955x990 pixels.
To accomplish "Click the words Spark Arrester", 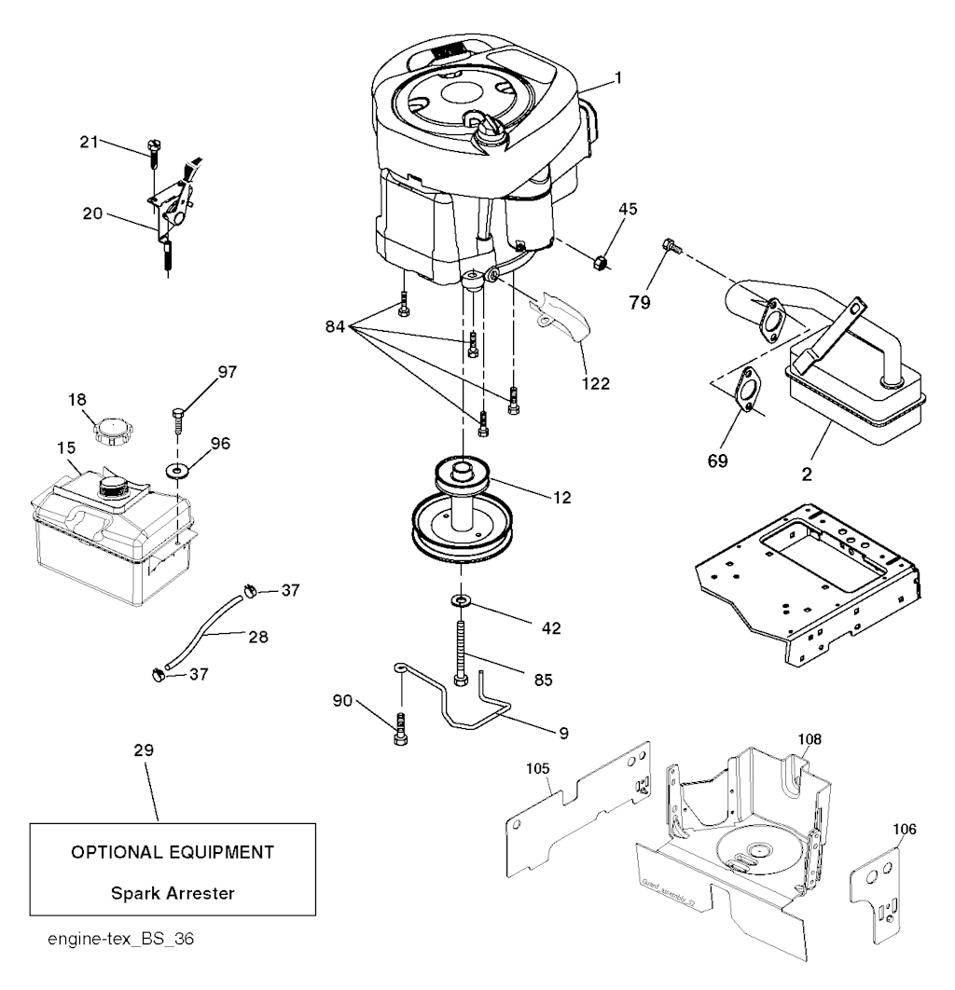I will point(173,893).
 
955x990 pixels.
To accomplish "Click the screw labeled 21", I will point(152,152).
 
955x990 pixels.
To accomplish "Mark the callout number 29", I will point(145,749).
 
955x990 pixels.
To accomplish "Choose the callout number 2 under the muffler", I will point(806,473).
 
